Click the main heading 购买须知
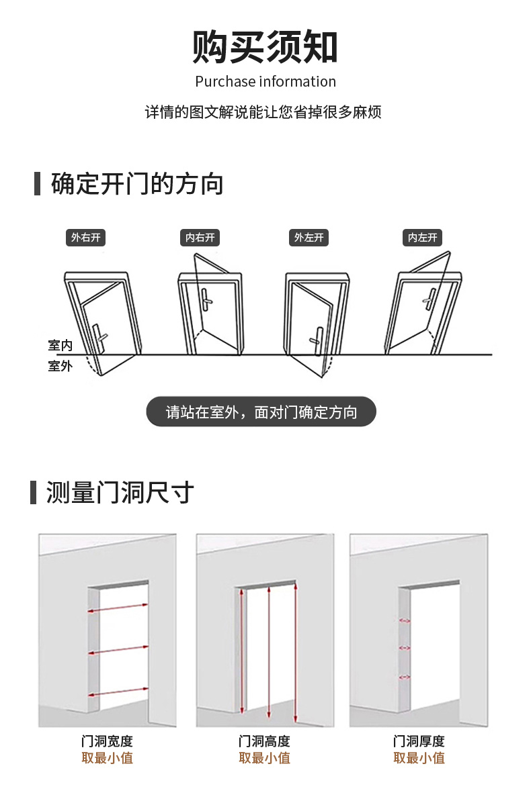tap(265, 48)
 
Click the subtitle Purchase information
tap(265, 82)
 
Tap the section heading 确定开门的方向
tap(137, 183)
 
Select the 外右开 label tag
tap(86, 237)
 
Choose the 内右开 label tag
tap(200, 237)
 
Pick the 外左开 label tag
tap(309, 237)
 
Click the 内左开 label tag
tap(423, 237)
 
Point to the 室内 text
tap(60, 346)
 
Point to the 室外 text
tap(60, 367)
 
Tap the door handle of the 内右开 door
tap(203, 298)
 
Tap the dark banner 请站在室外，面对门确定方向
tap(261, 412)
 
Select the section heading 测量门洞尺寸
tap(120, 492)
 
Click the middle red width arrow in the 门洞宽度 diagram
tap(118, 650)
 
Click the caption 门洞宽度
tap(107, 741)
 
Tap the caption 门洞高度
tap(264, 741)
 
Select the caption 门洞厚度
tap(419, 741)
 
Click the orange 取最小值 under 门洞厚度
tap(419, 758)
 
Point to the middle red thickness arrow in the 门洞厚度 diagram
tap(405, 647)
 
